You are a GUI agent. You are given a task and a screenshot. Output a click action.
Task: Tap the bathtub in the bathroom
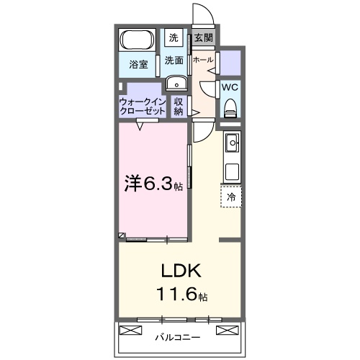pyautogui.click(x=136, y=39)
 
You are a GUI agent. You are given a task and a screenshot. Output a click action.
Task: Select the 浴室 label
pyautogui.click(x=138, y=64)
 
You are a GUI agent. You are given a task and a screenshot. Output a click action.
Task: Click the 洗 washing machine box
pyautogui.click(x=174, y=37)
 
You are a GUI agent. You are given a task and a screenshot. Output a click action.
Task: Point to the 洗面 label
pyautogui.click(x=174, y=60)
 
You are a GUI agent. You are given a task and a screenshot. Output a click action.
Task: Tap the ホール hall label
pyautogui.click(x=202, y=60)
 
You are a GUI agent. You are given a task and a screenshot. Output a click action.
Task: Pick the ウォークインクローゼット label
pyautogui.click(x=140, y=107)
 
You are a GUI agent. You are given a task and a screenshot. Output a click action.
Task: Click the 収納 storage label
pyautogui.click(x=179, y=107)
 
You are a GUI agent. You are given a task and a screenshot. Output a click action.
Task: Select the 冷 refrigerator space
pyautogui.click(x=231, y=196)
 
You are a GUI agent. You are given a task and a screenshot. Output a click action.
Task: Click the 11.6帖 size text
pyautogui.click(x=181, y=295)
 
